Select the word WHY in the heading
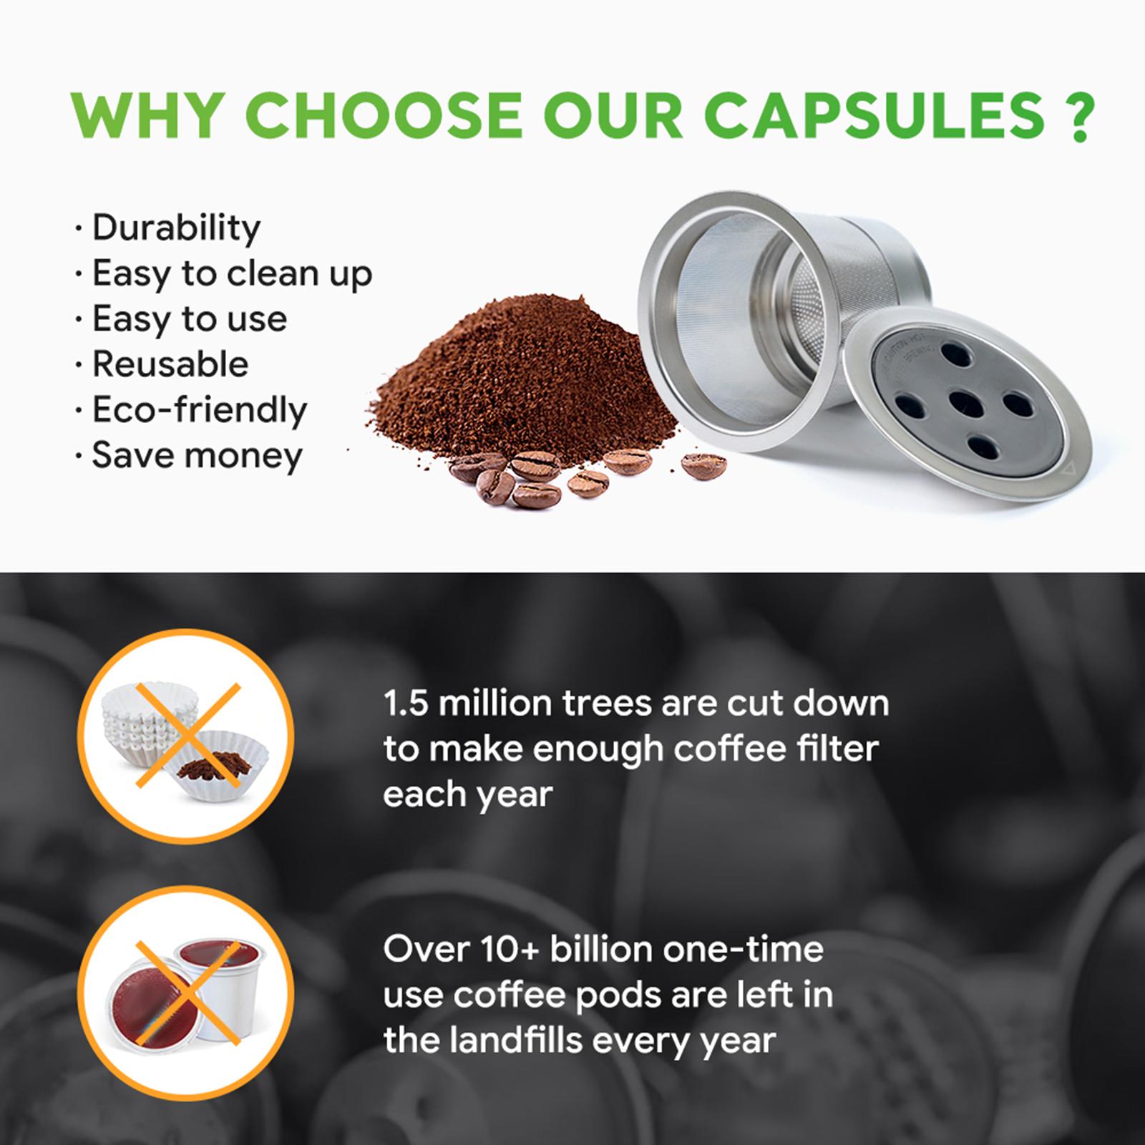148,114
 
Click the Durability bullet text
176,228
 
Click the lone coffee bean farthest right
703,465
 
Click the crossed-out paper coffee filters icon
185,736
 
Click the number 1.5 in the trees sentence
406,703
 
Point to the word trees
608,704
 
